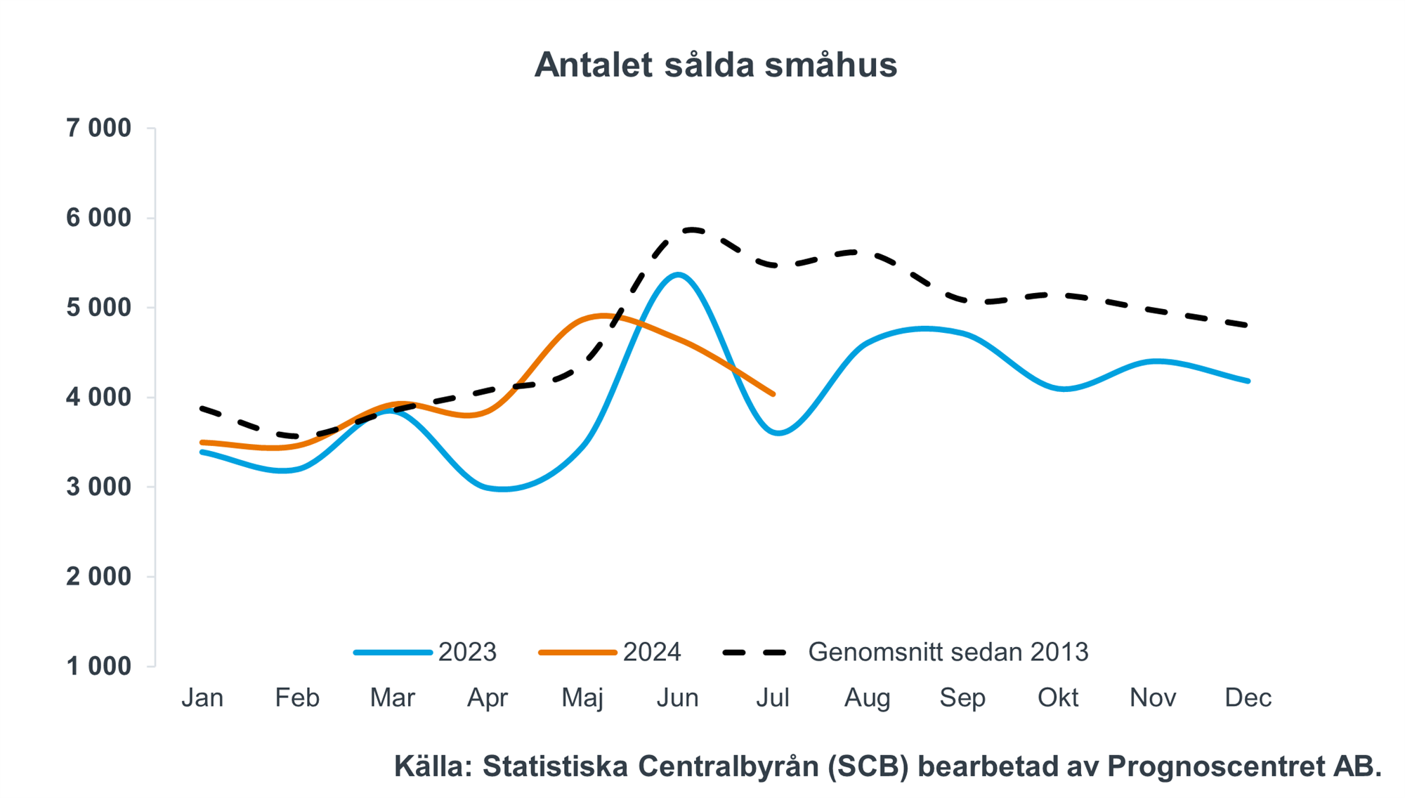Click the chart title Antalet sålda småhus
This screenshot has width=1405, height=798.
click(x=715, y=65)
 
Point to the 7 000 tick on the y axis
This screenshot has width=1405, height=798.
click(x=99, y=129)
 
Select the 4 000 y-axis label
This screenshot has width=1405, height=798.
click(x=99, y=398)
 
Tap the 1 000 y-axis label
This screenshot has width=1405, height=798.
click(x=99, y=666)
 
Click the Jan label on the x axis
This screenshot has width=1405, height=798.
click(x=202, y=698)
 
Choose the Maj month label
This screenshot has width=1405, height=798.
click(x=582, y=698)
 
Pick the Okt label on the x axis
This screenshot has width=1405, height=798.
click(x=1058, y=698)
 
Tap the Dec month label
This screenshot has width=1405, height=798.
click(x=1248, y=698)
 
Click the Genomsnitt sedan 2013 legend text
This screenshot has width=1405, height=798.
click(x=948, y=652)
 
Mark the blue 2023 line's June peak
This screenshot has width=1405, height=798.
click(x=678, y=274)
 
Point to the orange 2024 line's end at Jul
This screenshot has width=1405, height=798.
click(x=773, y=394)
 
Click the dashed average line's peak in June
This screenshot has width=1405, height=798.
click(x=692, y=229)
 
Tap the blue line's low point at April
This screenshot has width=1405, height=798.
click(x=503, y=489)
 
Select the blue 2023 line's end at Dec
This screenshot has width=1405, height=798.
click(x=1248, y=381)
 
